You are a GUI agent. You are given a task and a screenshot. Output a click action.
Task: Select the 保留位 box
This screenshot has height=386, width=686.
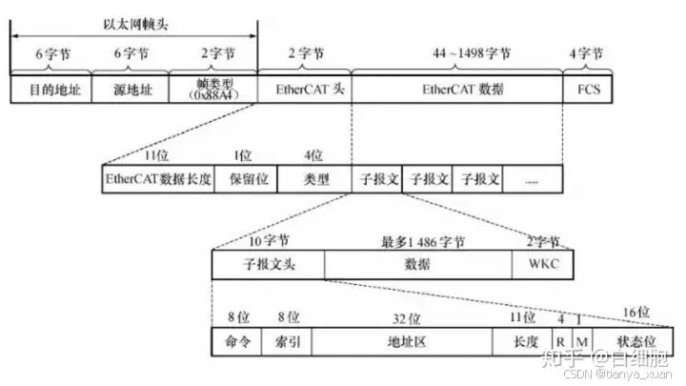246,178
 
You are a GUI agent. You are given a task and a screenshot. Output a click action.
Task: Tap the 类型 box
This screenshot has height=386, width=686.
314,178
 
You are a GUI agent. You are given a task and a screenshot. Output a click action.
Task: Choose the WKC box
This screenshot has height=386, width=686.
540,263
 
